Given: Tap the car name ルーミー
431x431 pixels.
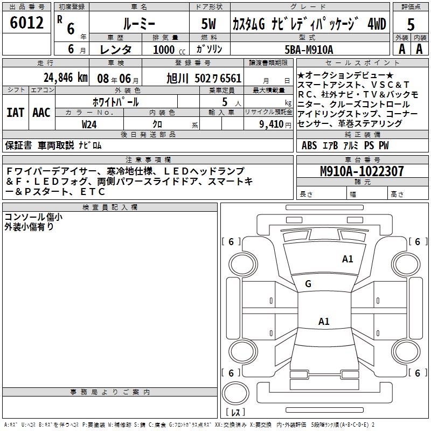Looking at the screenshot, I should click(x=138, y=23).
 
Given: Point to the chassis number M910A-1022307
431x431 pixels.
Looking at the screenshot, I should click(x=362, y=172).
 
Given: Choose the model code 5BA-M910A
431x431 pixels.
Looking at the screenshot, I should click(x=309, y=49).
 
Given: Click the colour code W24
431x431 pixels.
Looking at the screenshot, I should click(x=89, y=123).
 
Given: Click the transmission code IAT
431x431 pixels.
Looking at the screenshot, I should click(x=15, y=113).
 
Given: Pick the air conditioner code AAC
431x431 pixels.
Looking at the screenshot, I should click(x=41, y=113).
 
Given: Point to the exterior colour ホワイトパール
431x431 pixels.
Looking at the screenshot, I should click(x=116, y=101).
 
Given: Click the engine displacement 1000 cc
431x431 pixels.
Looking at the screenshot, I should click(x=164, y=49).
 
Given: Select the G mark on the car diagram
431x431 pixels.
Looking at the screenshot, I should click(x=308, y=283).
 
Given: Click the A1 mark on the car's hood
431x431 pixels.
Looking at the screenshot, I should click(x=347, y=259).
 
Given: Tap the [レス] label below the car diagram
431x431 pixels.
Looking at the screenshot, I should click(x=235, y=413).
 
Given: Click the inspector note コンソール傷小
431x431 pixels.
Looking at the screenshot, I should click(x=33, y=217).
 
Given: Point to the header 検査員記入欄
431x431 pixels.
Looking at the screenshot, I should click(x=110, y=207).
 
